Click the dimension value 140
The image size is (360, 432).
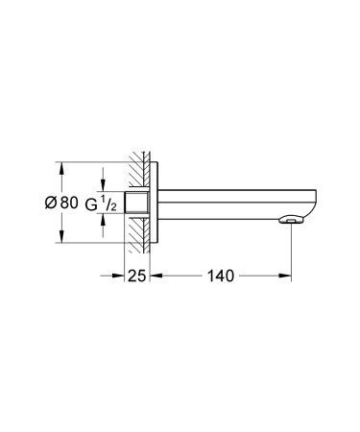tap(221, 276)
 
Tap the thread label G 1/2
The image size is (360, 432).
tap(103, 203)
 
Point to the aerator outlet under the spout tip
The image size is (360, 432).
tap(291, 223)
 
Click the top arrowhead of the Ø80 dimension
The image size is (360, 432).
tap(62, 164)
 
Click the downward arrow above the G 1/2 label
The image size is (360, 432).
tap(103, 181)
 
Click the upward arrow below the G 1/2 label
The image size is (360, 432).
tap(103, 225)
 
